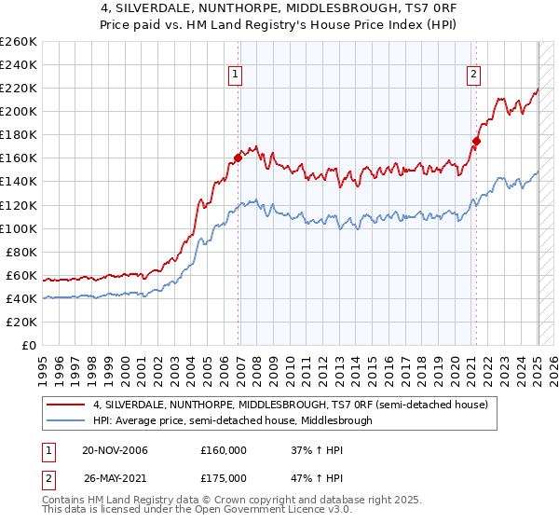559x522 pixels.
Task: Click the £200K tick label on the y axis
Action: tap(19, 111)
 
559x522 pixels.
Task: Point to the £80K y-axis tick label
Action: tap(21, 252)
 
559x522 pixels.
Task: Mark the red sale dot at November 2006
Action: tap(238, 158)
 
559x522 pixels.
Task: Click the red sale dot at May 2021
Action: tap(476, 141)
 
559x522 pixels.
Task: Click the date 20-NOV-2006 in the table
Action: tap(116, 450)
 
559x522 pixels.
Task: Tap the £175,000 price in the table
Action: tap(224, 477)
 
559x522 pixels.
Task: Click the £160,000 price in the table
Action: tap(224, 450)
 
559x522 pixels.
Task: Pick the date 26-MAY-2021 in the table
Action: tap(116, 477)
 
